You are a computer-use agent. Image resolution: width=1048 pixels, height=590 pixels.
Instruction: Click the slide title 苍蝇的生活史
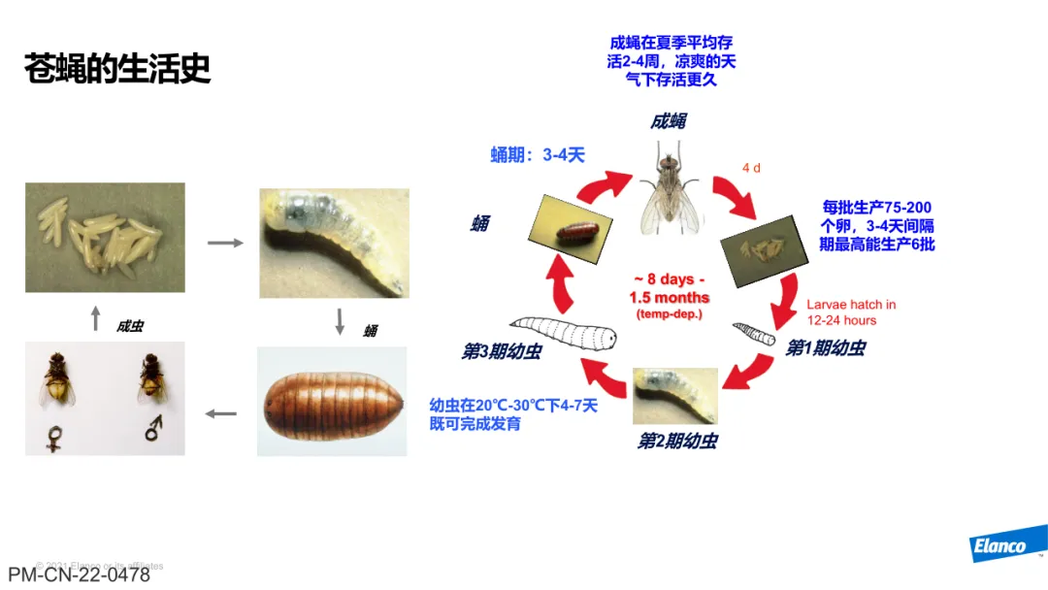[x=117, y=69]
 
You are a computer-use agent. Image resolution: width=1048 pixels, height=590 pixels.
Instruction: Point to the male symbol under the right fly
[x=153, y=427]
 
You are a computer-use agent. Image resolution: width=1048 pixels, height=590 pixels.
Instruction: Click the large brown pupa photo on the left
[x=331, y=402]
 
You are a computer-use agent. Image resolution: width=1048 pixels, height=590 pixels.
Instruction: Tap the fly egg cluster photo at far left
[x=105, y=238]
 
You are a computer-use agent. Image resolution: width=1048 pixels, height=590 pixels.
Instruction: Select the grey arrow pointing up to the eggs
[x=95, y=318]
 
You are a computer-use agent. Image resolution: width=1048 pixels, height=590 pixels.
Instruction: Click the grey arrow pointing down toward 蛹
[x=340, y=321]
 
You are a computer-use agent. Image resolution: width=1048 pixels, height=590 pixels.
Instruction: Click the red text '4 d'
[x=751, y=168]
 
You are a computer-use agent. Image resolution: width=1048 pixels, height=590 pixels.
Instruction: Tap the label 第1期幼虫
[x=824, y=347]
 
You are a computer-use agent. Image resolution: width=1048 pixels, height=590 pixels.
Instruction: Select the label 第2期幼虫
[x=676, y=442]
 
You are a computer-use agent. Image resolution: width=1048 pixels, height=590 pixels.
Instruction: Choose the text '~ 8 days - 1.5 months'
[x=670, y=289]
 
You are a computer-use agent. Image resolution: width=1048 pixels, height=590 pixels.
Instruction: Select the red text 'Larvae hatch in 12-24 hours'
[x=851, y=312]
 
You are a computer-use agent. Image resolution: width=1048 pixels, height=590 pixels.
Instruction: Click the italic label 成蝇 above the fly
[x=669, y=121]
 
